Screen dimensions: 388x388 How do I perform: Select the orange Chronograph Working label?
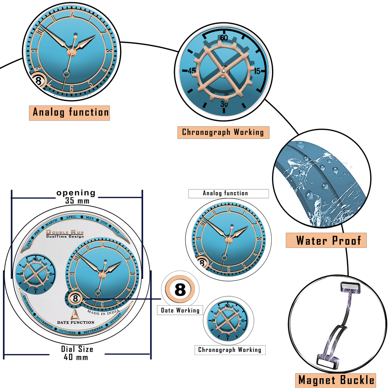(x=223, y=132)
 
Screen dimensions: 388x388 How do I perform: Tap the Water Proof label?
(x=326, y=241)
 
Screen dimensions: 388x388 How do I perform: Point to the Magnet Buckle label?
(x=336, y=380)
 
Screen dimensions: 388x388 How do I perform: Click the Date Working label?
(x=180, y=310)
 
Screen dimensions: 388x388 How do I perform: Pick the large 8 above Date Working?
(x=180, y=290)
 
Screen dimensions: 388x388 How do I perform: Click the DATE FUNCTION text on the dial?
(x=76, y=322)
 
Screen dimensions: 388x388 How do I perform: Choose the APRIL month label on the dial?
(x=71, y=217)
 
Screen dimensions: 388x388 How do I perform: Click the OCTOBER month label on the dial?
(x=67, y=332)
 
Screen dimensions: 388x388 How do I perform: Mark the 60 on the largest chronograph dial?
(x=224, y=38)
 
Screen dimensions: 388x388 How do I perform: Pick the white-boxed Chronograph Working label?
(x=230, y=350)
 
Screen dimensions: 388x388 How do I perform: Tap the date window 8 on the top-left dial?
(x=38, y=81)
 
